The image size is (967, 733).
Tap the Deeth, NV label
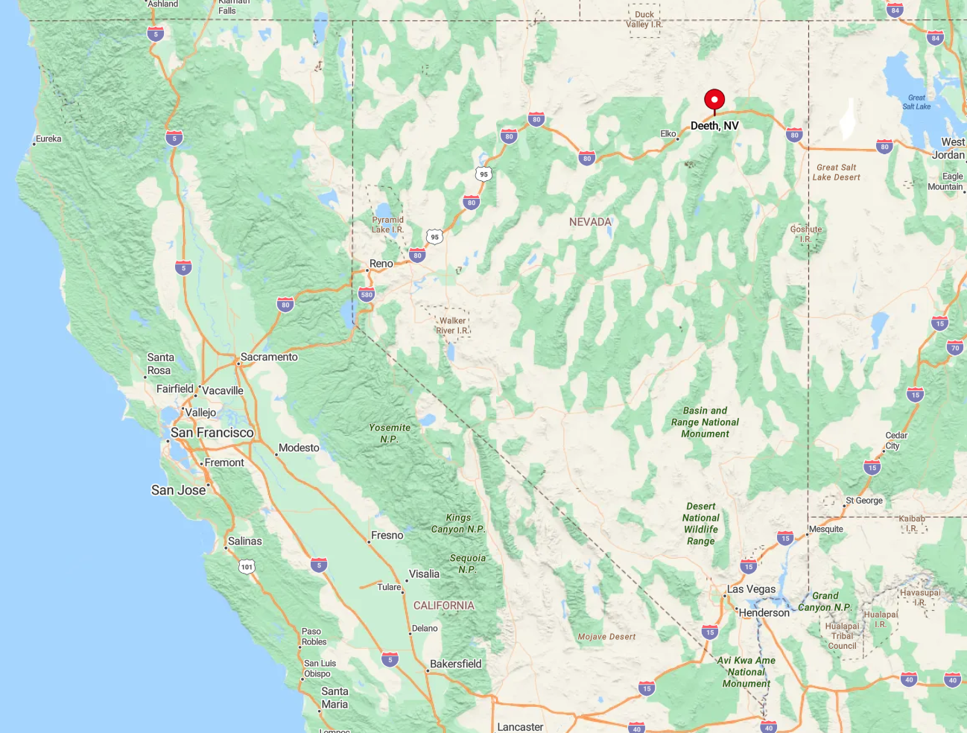pyautogui.click(x=714, y=126)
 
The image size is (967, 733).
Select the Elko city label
pyautogui.click(x=668, y=134)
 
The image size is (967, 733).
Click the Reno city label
pyautogui.click(x=381, y=264)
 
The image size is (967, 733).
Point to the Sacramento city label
pyautogui.click(x=269, y=357)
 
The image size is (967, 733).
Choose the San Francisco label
pyautogui.click(x=212, y=433)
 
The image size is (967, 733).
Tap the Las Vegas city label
pyautogui.click(x=751, y=589)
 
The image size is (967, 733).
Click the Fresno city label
pyautogui.click(x=387, y=536)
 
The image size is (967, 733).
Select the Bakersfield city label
pyautogui.click(x=455, y=664)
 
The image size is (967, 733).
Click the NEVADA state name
pyautogui.click(x=590, y=222)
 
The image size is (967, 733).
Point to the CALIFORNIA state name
pyautogui.click(x=443, y=606)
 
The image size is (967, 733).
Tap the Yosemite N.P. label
pyautogui.click(x=390, y=434)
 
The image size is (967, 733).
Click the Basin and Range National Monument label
pyautogui.click(x=705, y=422)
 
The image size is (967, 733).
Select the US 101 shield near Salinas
pyautogui.click(x=247, y=567)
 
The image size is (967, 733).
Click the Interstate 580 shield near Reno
pyautogui.click(x=367, y=294)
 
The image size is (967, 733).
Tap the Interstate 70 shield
pyautogui.click(x=955, y=348)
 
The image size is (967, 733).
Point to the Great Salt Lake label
pyautogui.click(x=916, y=102)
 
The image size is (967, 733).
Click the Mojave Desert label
pyautogui.click(x=606, y=637)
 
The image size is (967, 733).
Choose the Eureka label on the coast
pyautogui.click(x=48, y=139)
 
